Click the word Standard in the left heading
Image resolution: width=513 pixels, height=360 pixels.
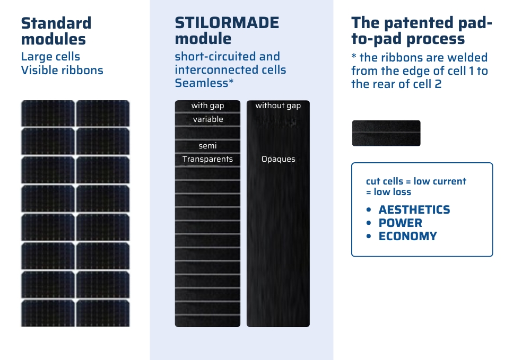click(56, 23)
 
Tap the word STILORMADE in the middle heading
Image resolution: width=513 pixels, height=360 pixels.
click(227, 23)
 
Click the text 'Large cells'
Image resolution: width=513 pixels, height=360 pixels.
click(51, 57)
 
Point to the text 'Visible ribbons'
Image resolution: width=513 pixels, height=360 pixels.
click(62, 71)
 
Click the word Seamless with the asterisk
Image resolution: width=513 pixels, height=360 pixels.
click(204, 83)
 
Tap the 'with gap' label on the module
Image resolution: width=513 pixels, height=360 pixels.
click(208, 106)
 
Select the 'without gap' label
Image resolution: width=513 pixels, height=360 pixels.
click(278, 106)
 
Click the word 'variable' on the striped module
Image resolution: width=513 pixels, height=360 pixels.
click(208, 119)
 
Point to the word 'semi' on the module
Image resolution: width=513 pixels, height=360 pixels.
click(208, 146)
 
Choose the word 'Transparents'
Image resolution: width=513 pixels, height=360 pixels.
click(208, 159)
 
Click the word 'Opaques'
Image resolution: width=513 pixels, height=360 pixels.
click(279, 159)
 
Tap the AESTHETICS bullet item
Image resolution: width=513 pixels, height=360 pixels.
click(414, 209)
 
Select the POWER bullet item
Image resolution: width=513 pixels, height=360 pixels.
click(401, 223)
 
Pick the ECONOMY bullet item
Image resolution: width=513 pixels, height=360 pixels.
click(407, 236)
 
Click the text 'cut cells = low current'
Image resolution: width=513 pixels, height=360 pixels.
click(416, 181)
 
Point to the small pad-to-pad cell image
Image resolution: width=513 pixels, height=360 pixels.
click(386, 133)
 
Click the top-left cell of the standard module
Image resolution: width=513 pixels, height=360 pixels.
click(48, 113)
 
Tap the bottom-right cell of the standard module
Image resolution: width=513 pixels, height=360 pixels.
click(103, 313)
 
